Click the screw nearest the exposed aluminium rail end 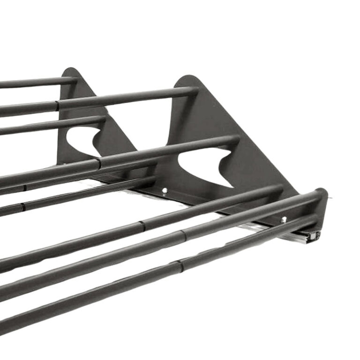coord(284,219)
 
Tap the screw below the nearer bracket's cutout coord(164,190)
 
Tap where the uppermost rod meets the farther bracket coord(73,80)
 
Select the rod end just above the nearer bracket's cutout coord(234,141)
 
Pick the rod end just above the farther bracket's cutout coord(101,120)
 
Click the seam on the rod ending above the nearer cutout coord(99,164)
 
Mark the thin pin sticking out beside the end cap coord(331,197)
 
